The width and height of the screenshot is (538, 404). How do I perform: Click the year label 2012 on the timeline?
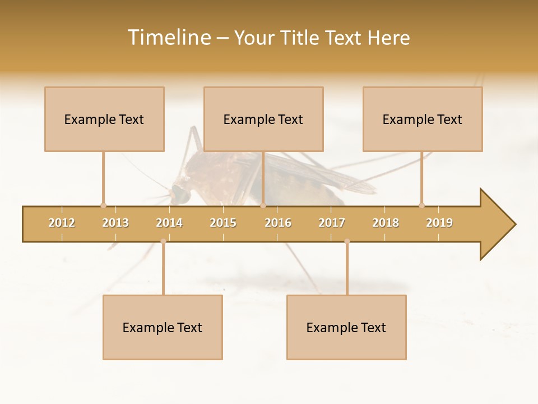[62, 223]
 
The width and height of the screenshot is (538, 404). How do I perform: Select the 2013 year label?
[115, 223]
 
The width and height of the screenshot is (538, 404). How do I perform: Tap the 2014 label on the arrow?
[169, 223]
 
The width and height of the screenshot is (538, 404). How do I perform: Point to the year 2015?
[223, 223]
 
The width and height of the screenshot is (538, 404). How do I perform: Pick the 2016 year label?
[278, 223]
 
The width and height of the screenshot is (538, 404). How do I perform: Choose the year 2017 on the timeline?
[332, 223]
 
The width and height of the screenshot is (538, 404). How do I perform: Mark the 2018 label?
[386, 223]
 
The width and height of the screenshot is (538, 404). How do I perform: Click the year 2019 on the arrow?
[439, 223]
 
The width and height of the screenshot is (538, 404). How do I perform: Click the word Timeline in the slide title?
[168, 38]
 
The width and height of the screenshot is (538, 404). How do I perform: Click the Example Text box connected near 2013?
[104, 119]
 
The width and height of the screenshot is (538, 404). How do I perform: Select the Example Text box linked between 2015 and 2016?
[263, 119]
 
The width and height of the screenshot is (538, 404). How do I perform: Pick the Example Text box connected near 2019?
[423, 119]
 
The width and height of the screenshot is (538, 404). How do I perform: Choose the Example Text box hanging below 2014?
[163, 327]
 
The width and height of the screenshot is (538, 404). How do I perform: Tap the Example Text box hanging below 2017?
[346, 327]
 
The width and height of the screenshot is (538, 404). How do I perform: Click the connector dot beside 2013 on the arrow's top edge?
[103, 205]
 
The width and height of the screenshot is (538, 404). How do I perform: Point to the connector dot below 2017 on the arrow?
[347, 241]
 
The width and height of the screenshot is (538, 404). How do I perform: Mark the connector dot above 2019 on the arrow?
[421, 205]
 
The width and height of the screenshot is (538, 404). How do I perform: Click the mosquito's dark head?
[180, 194]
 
